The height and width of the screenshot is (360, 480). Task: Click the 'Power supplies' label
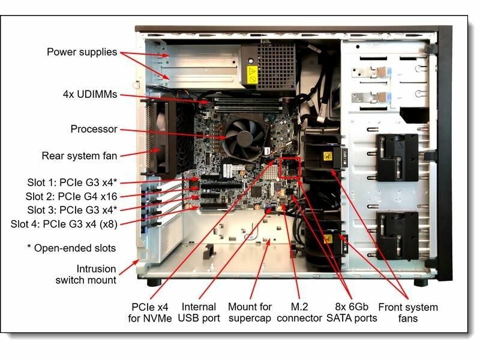[82, 52]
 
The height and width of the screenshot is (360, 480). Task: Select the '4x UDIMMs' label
[89, 94]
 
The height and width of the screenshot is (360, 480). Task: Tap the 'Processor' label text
[94, 129]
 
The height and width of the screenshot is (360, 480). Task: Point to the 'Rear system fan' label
[79, 155]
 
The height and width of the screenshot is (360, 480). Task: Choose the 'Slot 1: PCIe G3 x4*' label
[72, 182]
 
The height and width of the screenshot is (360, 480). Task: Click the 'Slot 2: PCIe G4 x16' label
[72, 196]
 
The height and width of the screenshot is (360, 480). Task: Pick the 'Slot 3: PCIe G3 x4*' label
[72, 209]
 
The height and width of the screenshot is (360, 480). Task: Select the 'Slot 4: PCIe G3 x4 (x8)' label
[64, 224]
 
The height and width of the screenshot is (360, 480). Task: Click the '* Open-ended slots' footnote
[71, 248]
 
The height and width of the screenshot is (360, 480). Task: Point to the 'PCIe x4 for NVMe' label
[150, 312]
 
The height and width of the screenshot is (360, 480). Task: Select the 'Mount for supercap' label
[250, 312]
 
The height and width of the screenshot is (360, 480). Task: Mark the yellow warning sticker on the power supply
[253, 76]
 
